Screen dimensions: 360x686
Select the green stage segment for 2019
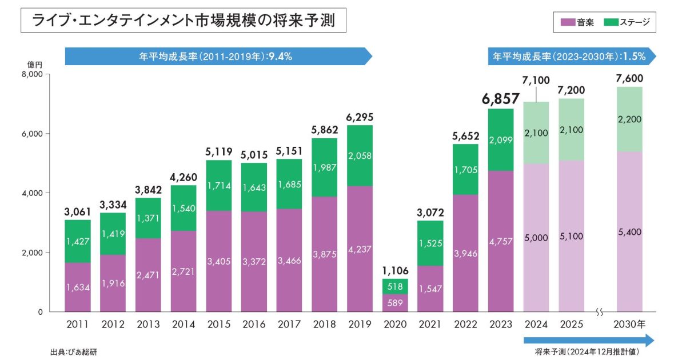tap(360, 155)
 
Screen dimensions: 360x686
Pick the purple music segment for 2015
tap(218, 261)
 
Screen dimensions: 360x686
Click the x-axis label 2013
tap(147, 325)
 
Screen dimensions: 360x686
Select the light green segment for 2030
tap(629, 119)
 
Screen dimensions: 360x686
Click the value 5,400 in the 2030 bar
tap(629, 232)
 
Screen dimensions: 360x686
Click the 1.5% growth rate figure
tap(634, 56)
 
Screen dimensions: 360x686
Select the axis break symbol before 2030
tap(600, 312)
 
